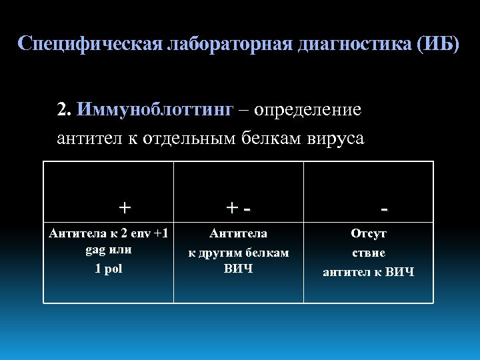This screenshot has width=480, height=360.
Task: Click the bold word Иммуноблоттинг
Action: click(x=155, y=109)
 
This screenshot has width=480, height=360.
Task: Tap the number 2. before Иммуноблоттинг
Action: click(x=65, y=109)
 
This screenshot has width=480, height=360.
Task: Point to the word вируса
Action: click(x=336, y=139)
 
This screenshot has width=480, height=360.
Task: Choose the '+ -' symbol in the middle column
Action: click(x=239, y=209)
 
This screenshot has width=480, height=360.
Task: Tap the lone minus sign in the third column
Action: click(x=385, y=209)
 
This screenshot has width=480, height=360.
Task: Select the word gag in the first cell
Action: click(x=96, y=251)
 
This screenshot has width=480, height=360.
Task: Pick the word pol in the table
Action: click(x=113, y=269)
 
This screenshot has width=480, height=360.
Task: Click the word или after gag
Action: click(x=121, y=251)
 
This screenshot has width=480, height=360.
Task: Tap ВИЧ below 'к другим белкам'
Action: click(x=238, y=269)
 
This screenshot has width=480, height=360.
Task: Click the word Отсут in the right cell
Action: click(x=369, y=234)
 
